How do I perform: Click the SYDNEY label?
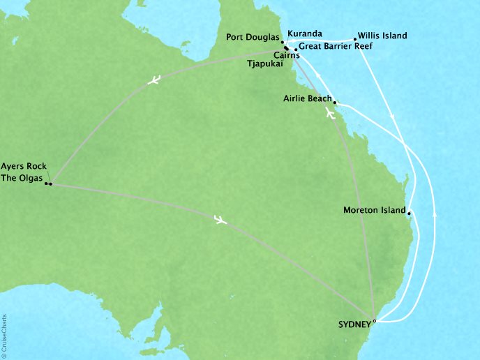point(354,324)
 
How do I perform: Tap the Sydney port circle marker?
point(375,322)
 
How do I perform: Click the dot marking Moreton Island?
point(409,213)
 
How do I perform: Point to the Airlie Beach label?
point(308,99)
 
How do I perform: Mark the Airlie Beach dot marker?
point(335,102)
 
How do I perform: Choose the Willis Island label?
point(382,36)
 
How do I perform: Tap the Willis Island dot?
point(355,39)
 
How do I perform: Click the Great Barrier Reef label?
point(336,47)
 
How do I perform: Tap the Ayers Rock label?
point(22,167)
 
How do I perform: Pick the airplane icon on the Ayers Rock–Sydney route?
point(220,220)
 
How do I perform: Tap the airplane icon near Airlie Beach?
point(329,114)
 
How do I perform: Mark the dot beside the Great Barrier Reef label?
point(296,50)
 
